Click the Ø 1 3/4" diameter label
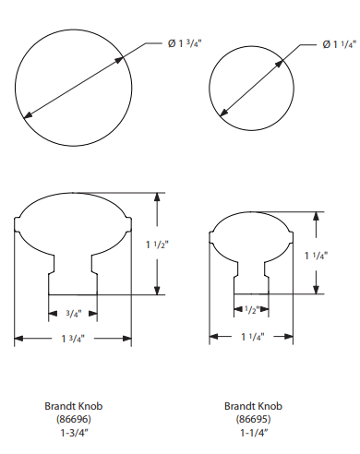(x=185, y=43)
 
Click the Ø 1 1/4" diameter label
(x=340, y=44)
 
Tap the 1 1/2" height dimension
(x=157, y=245)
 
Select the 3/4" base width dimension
(x=74, y=314)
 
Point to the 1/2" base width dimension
(x=252, y=310)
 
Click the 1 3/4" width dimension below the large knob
(x=73, y=339)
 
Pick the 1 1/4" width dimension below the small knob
(x=253, y=337)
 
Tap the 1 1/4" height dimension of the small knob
(x=316, y=256)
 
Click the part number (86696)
(x=74, y=419)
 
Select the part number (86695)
(x=253, y=419)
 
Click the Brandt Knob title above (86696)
(x=74, y=406)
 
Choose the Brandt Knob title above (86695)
(x=253, y=406)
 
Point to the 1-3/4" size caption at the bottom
(x=74, y=433)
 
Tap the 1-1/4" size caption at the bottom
(x=254, y=433)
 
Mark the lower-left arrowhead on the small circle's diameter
(x=223, y=113)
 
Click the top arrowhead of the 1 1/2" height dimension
(x=157, y=197)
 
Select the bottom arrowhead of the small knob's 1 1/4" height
(x=316, y=290)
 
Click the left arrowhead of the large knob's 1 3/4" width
(x=18, y=339)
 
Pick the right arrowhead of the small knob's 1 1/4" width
(x=289, y=337)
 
